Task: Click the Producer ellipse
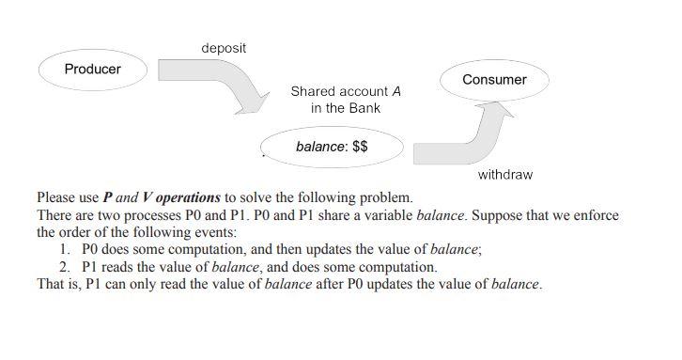pyautogui.click(x=92, y=69)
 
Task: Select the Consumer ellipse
pyautogui.click(x=494, y=80)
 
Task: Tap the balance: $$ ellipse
pyautogui.click(x=332, y=147)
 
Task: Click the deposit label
pyautogui.click(x=224, y=48)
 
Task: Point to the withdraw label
pyautogui.click(x=504, y=175)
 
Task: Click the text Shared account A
pyautogui.click(x=346, y=91)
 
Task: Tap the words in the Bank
pyautogui.click(x=346, y=108)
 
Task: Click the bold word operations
pyautogui.click(x=188, y=198)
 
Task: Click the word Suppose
pyautogui.click(x=495, y=215)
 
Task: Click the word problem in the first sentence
pyautogui.click(x=385, y=198)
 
